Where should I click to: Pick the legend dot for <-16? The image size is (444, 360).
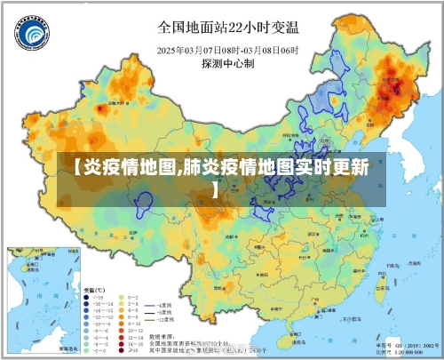pyautogui.click(x=87, y=298)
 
